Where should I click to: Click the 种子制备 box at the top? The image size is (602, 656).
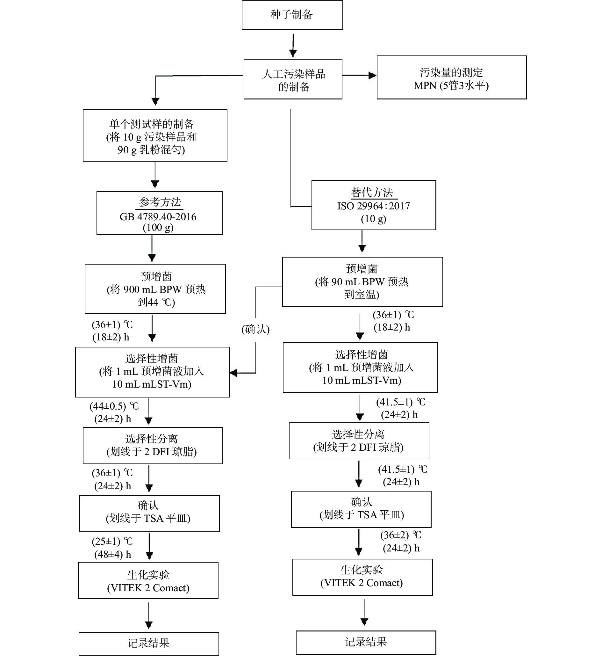coord(292,15)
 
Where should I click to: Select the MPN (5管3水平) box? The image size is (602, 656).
coord(451,77)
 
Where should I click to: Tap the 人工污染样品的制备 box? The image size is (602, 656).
coord(293,79)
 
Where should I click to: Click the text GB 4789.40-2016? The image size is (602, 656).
coord(158,217)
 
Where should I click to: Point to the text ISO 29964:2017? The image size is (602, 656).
coord(373,206)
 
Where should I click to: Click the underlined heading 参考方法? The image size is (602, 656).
coord(160,202)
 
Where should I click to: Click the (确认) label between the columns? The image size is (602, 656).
coord(256,329)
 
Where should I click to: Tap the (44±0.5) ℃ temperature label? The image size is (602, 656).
coord(114,406)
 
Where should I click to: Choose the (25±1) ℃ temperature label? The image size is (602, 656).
coord(112,542)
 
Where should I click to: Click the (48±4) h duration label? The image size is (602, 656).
coord(112,555)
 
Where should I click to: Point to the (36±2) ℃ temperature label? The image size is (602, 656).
coord(400,535)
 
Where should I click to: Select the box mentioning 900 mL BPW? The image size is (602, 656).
coord(155,289)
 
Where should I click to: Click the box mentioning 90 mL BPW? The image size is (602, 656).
coord(362,282)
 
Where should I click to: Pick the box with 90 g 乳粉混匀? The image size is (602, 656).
coord(155,135)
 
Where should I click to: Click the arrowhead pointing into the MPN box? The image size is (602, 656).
coord(372,76)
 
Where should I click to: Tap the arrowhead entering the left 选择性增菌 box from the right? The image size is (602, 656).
coord(233,373)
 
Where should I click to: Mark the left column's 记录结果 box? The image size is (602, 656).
coord(148,643)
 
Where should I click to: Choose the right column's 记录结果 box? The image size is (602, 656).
coord(366,642)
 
